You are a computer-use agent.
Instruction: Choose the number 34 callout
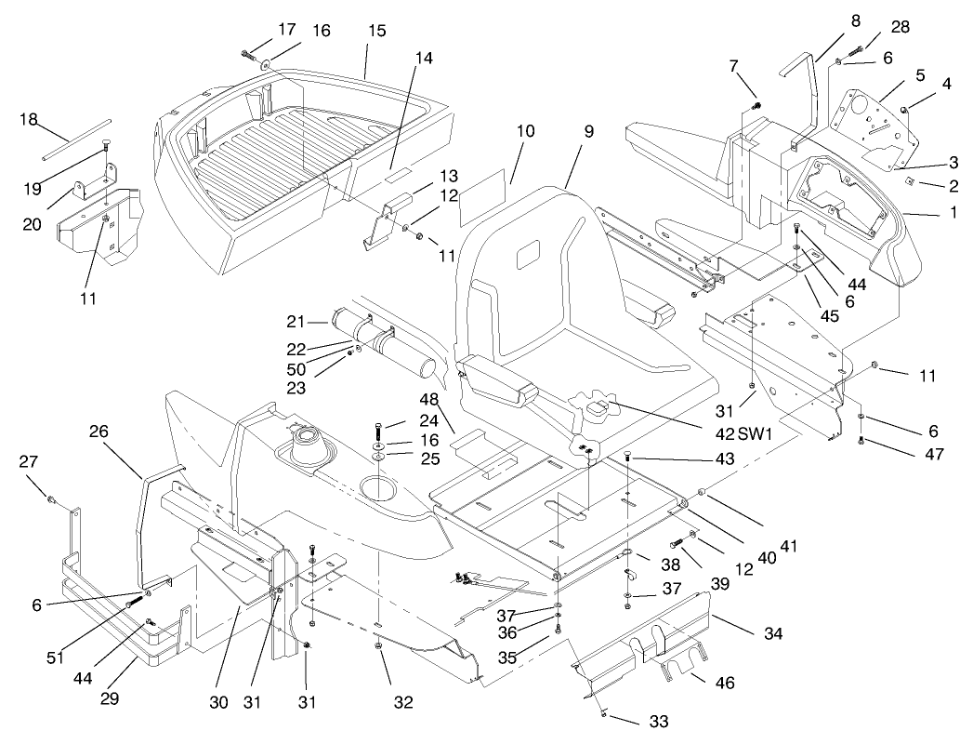(774, 633)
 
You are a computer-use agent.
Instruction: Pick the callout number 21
(296, 321)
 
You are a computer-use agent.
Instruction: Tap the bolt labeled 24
(381, 430)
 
